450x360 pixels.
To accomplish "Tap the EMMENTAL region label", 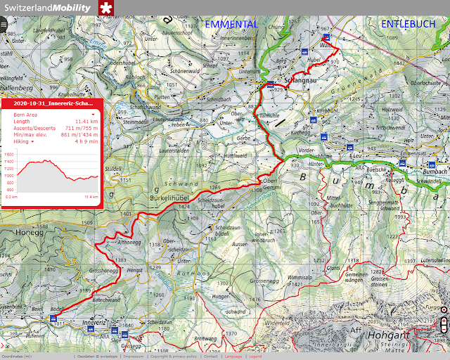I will pos(231,24).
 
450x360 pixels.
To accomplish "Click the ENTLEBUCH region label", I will pos(408,24).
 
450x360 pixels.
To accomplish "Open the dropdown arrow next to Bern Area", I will pos(93,113).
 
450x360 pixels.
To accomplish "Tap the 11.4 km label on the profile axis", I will pos(91,197).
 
